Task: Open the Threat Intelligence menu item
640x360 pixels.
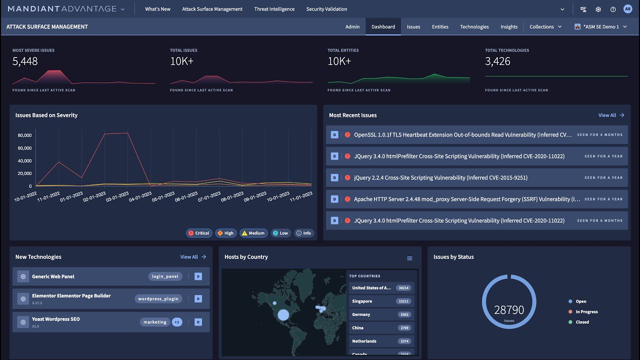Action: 274,9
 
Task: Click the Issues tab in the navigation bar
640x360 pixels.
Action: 413,27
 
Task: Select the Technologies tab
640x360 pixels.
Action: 474,27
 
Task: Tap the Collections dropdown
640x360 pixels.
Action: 545,27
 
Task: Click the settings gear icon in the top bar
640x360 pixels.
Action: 598,9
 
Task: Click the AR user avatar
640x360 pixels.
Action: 627,9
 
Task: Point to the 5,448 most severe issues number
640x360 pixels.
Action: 25,61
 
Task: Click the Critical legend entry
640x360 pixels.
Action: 198,233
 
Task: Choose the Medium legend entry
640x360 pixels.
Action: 253,233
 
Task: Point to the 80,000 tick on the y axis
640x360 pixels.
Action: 24,135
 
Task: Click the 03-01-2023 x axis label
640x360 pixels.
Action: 117,196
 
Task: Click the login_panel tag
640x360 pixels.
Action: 165,276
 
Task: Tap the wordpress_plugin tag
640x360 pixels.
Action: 158,299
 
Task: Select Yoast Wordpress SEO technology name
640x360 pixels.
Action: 56,319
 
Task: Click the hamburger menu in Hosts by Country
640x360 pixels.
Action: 409,258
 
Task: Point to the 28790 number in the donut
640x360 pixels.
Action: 509,310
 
